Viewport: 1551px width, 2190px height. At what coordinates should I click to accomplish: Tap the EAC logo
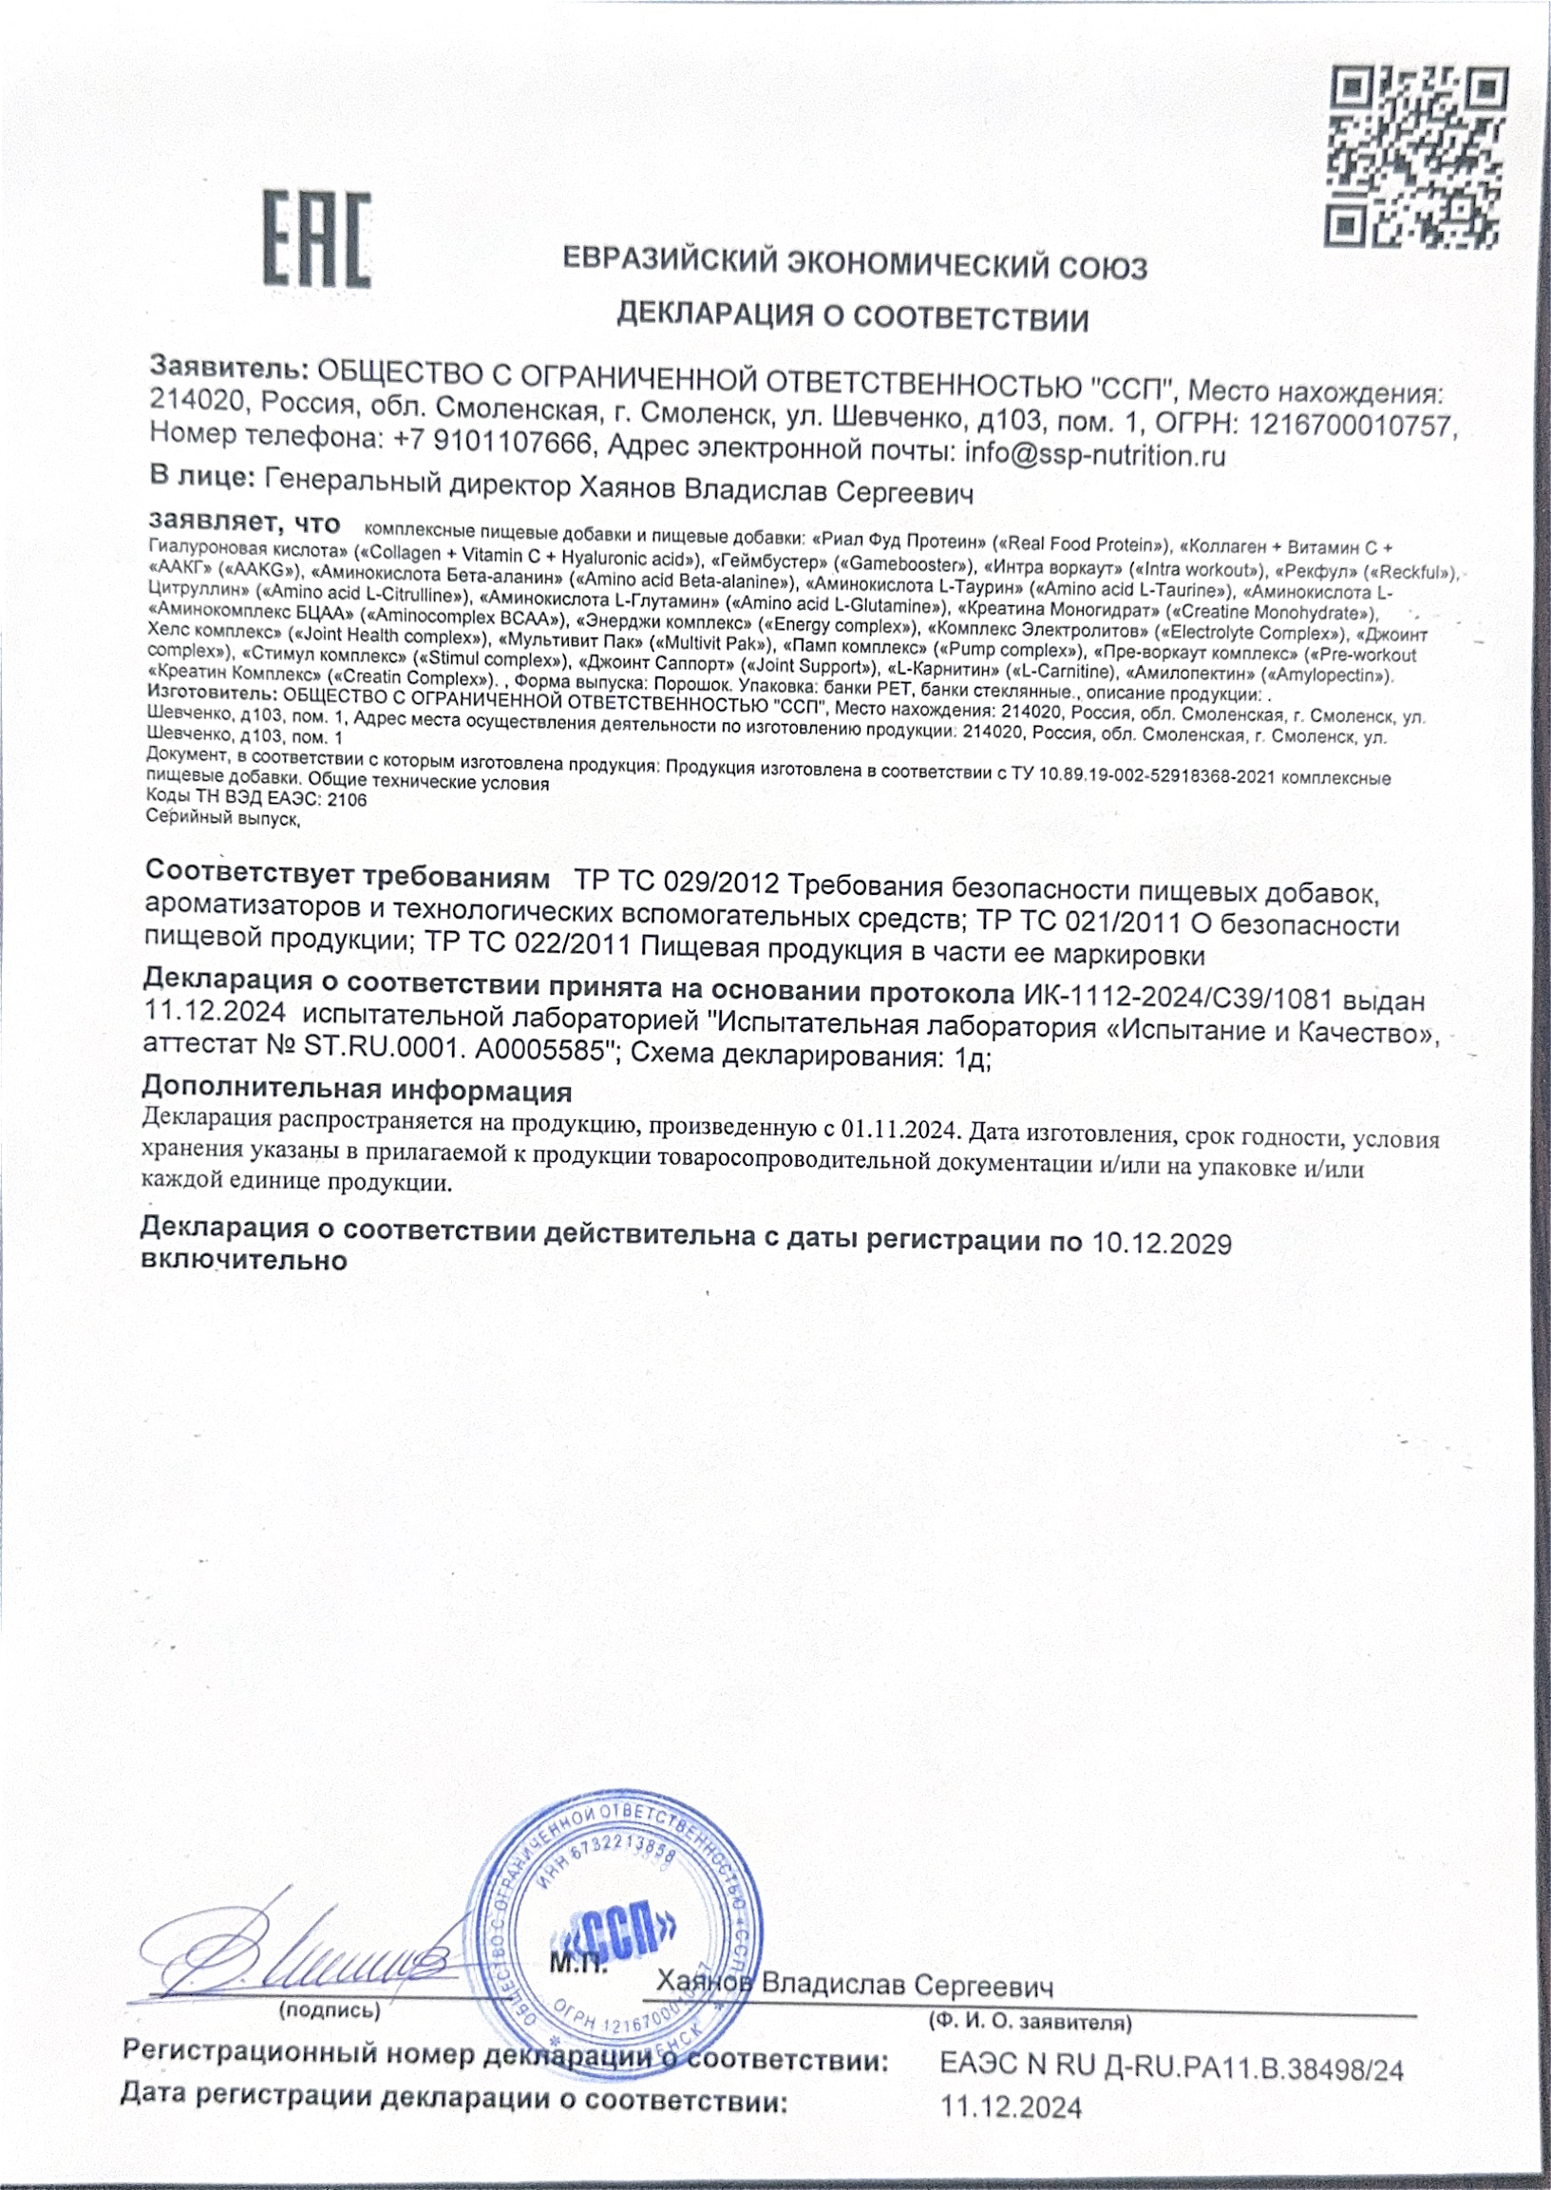316,238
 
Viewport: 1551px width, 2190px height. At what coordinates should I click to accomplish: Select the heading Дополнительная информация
357,1089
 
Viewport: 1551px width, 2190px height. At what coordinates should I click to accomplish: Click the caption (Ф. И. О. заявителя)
1030,2023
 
